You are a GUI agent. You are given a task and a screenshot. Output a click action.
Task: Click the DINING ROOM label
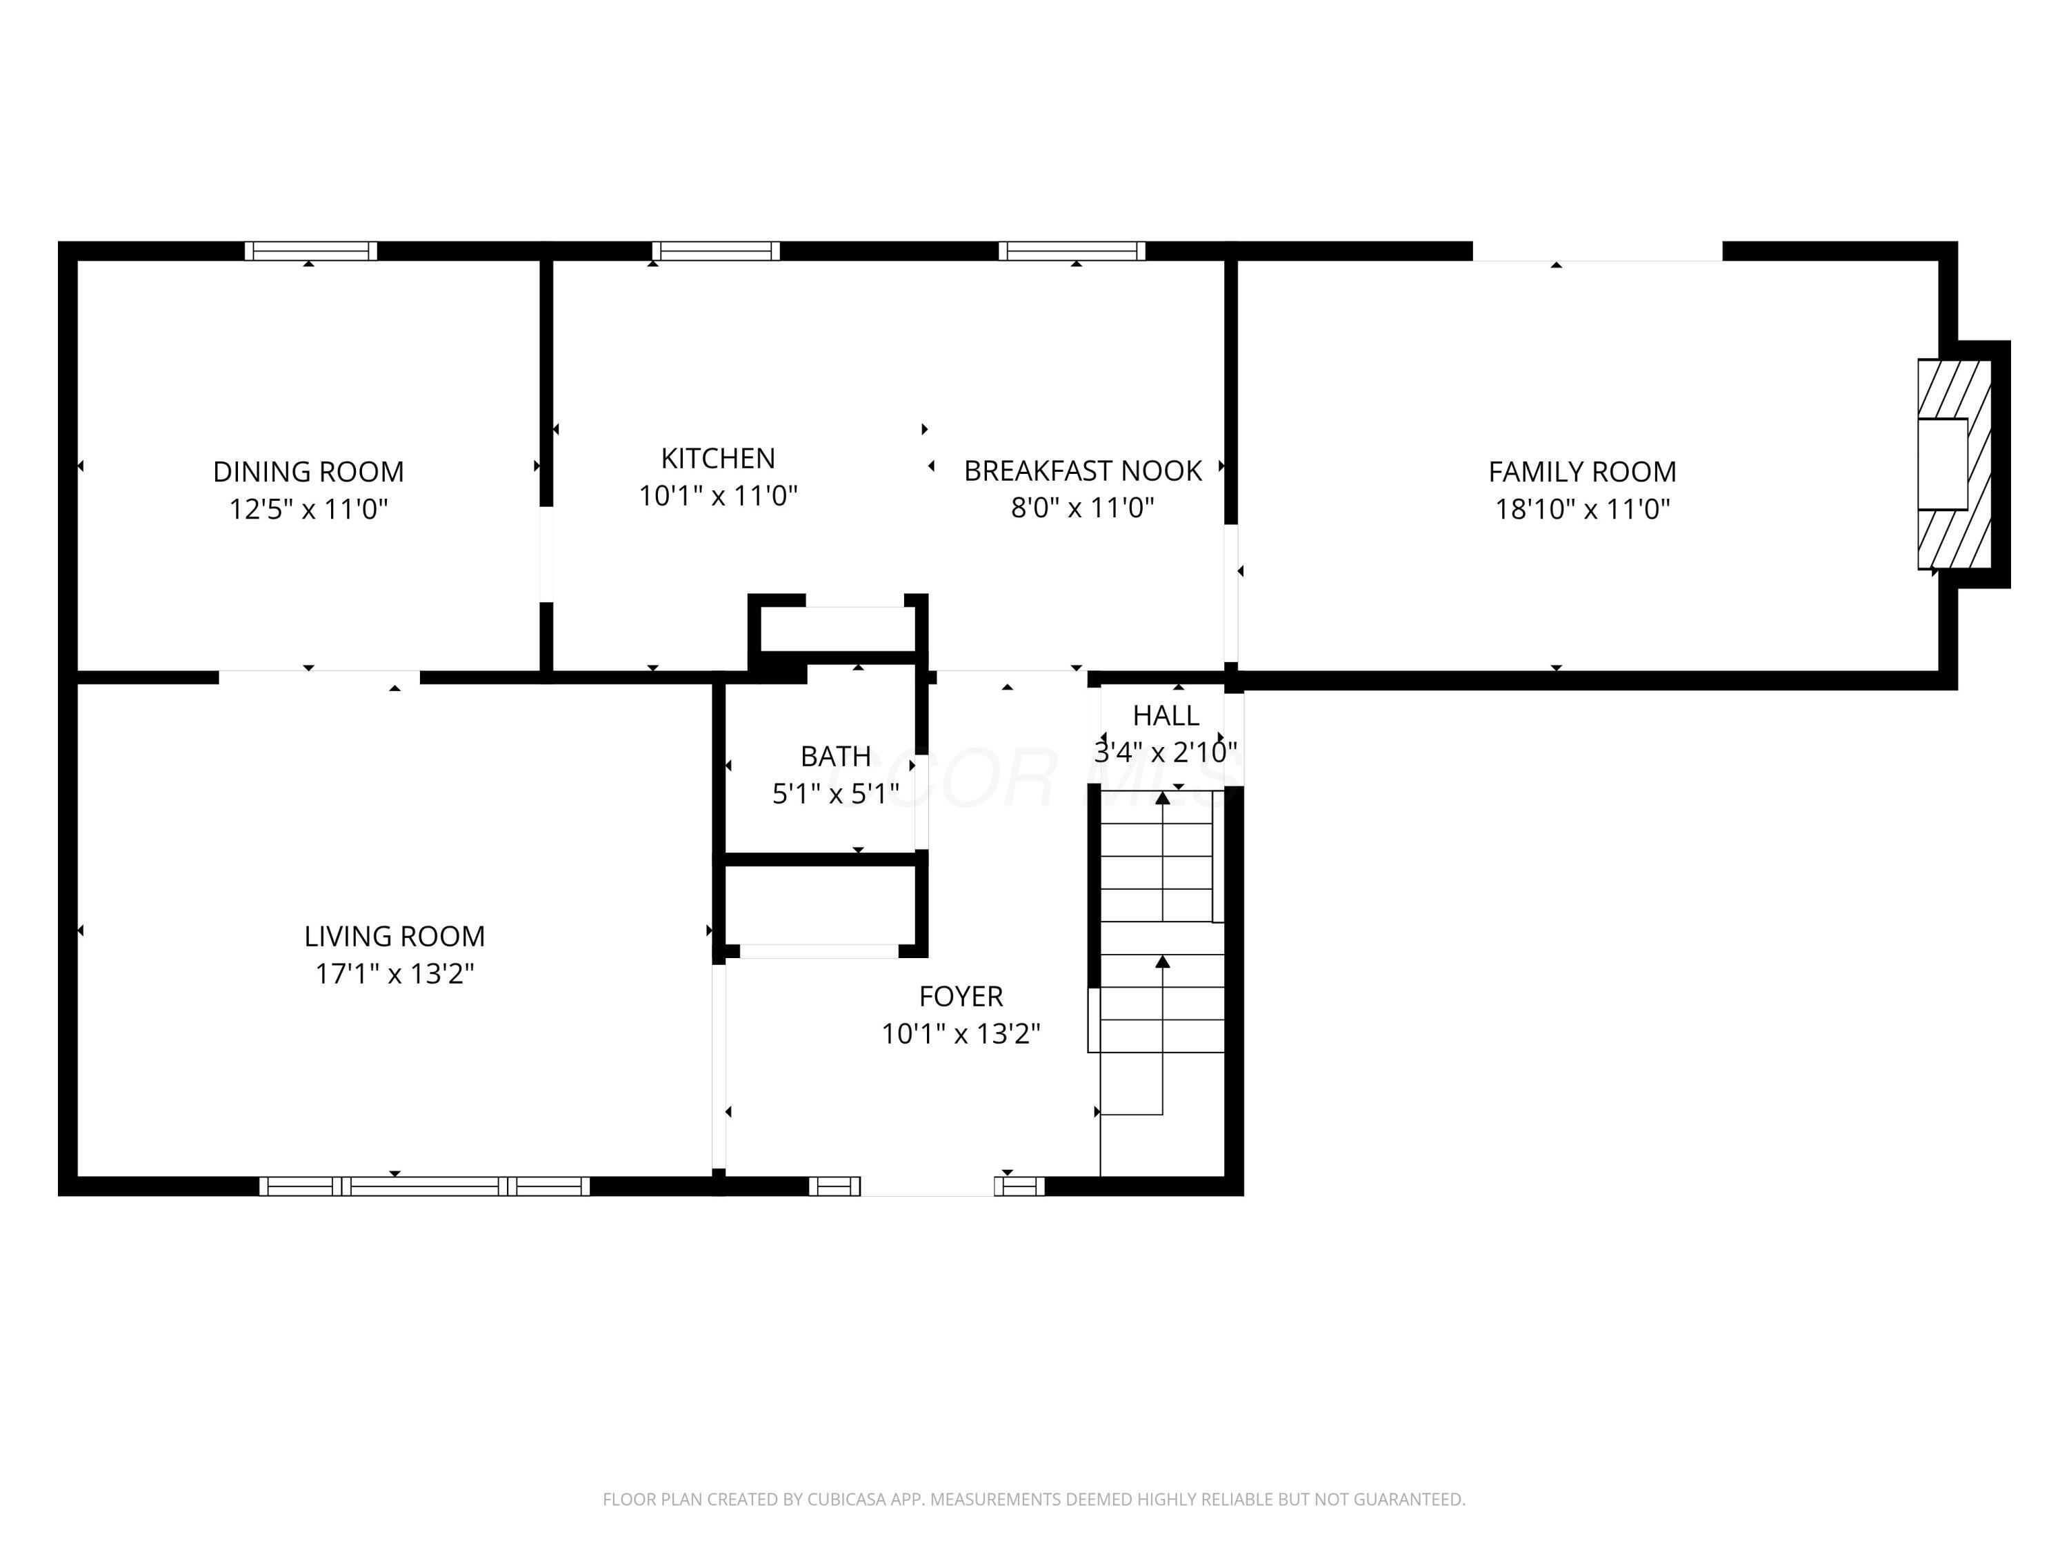point(309,472)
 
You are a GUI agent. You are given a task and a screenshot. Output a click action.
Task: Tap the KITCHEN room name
point(719,459)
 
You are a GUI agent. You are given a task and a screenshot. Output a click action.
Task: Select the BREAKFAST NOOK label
point(1083,470)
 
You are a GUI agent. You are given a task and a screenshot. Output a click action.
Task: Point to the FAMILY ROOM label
point(1583,472)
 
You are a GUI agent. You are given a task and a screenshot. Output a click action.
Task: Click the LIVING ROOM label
point(394,937)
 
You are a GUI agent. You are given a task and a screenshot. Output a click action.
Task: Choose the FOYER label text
point(961,996)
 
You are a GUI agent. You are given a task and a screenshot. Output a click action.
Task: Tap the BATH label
point(836,756)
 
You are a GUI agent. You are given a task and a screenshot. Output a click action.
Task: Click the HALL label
point(1166,716)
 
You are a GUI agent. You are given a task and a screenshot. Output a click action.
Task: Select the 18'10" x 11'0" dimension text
point(1583,509)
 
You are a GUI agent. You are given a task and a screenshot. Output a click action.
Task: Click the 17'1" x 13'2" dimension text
point(394,974)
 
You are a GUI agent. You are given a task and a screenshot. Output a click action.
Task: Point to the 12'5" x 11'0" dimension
point(309,509)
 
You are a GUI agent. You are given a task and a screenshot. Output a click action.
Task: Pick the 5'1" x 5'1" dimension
point(836,794)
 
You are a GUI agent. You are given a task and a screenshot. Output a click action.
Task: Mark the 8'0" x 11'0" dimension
point(1083,508)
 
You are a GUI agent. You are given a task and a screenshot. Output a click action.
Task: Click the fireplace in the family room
point(1953,464)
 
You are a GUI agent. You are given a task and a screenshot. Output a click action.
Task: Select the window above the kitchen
point(717,250)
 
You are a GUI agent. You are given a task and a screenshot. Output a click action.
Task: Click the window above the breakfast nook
point(1072,250)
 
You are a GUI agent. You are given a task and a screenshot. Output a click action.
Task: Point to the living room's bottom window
point(425,1186)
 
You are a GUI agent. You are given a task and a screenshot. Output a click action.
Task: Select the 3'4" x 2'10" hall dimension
point(1166,752)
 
